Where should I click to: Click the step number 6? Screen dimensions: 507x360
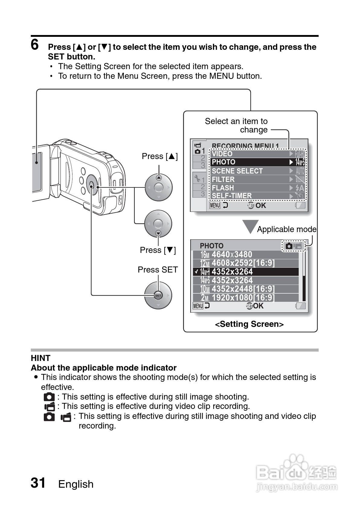[35, 45]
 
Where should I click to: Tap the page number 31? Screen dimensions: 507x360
[38, 483]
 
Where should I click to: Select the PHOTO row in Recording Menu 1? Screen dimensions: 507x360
[257, 162]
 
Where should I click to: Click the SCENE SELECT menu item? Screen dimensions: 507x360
[257, 171]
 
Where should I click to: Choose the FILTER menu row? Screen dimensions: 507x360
[257, 179]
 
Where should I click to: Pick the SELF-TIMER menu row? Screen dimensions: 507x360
[257, 196]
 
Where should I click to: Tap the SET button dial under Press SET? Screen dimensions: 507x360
[158, 295]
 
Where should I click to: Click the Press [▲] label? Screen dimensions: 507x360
[160, 156]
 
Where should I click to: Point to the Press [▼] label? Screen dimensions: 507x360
[158, 250]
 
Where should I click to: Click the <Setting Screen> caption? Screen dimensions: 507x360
[249, 324]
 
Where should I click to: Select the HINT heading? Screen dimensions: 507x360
[40, 358]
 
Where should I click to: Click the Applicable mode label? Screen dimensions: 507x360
[287, 229]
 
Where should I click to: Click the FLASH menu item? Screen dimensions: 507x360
[257, 188]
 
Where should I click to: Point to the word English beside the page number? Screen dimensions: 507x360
[76, 484]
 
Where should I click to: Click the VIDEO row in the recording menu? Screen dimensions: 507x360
[257, 154]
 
